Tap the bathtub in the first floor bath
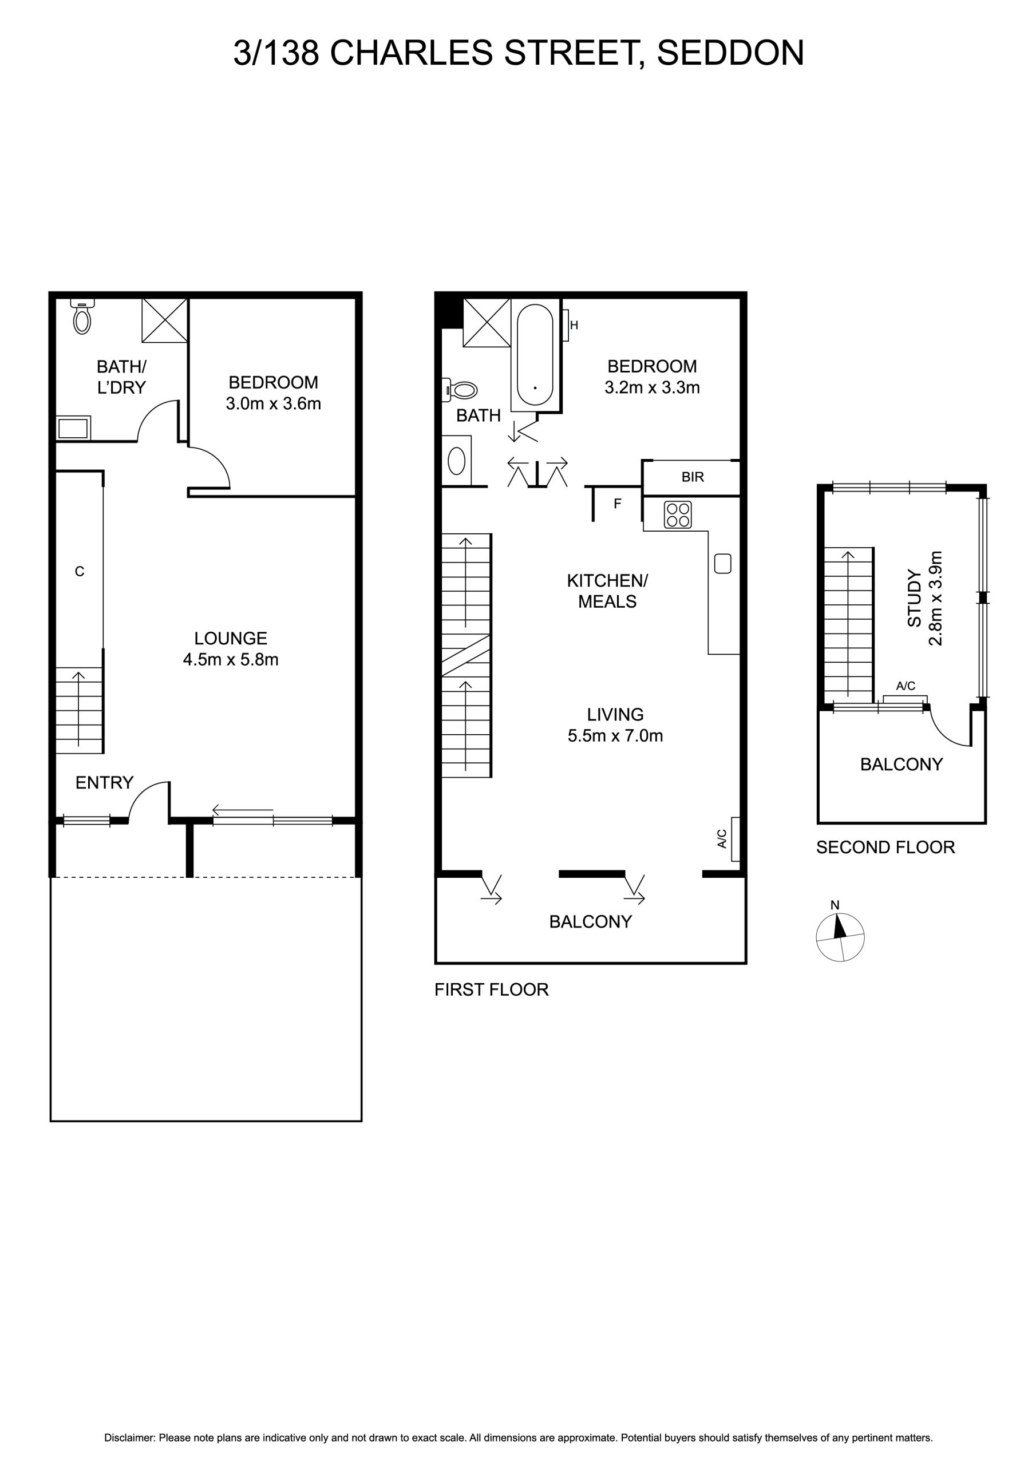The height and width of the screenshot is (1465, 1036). [535, 355]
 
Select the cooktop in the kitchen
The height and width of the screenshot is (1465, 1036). [678, 514]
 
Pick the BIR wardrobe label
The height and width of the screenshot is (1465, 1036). [693, 477]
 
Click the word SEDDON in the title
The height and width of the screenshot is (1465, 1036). [730, 53]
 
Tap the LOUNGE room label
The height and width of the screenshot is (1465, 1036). [231, 638]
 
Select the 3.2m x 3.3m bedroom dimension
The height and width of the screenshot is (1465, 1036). [653, 387]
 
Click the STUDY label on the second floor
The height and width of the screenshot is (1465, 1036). [915, 599]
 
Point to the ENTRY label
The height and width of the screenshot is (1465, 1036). [105, 782]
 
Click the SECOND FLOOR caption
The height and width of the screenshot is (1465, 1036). [885, 848]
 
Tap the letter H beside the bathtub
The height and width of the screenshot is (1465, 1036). [574, 326]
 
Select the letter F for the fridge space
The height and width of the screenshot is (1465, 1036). [617, 504]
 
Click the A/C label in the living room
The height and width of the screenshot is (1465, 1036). [722, 838]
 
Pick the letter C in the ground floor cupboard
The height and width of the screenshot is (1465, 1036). [80, 572]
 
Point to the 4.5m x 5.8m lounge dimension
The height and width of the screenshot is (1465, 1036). [231, 659]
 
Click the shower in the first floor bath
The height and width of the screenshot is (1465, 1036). [487, 323]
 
